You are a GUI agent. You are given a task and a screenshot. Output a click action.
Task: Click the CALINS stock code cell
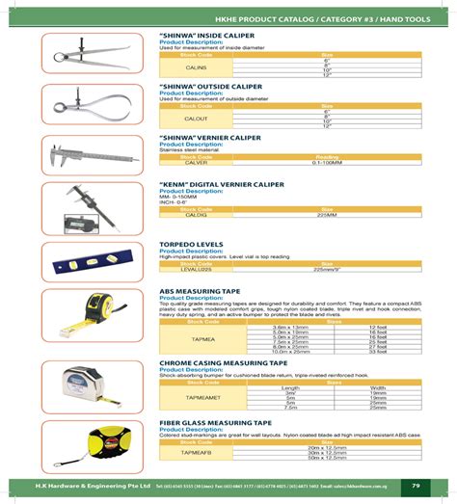coord(196,68)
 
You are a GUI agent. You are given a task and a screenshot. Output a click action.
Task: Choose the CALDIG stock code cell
coord(196,216)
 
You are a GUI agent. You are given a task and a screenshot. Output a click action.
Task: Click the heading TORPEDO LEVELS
coord(192,245)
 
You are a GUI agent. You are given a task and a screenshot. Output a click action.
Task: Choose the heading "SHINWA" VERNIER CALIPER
coord(210,138)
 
